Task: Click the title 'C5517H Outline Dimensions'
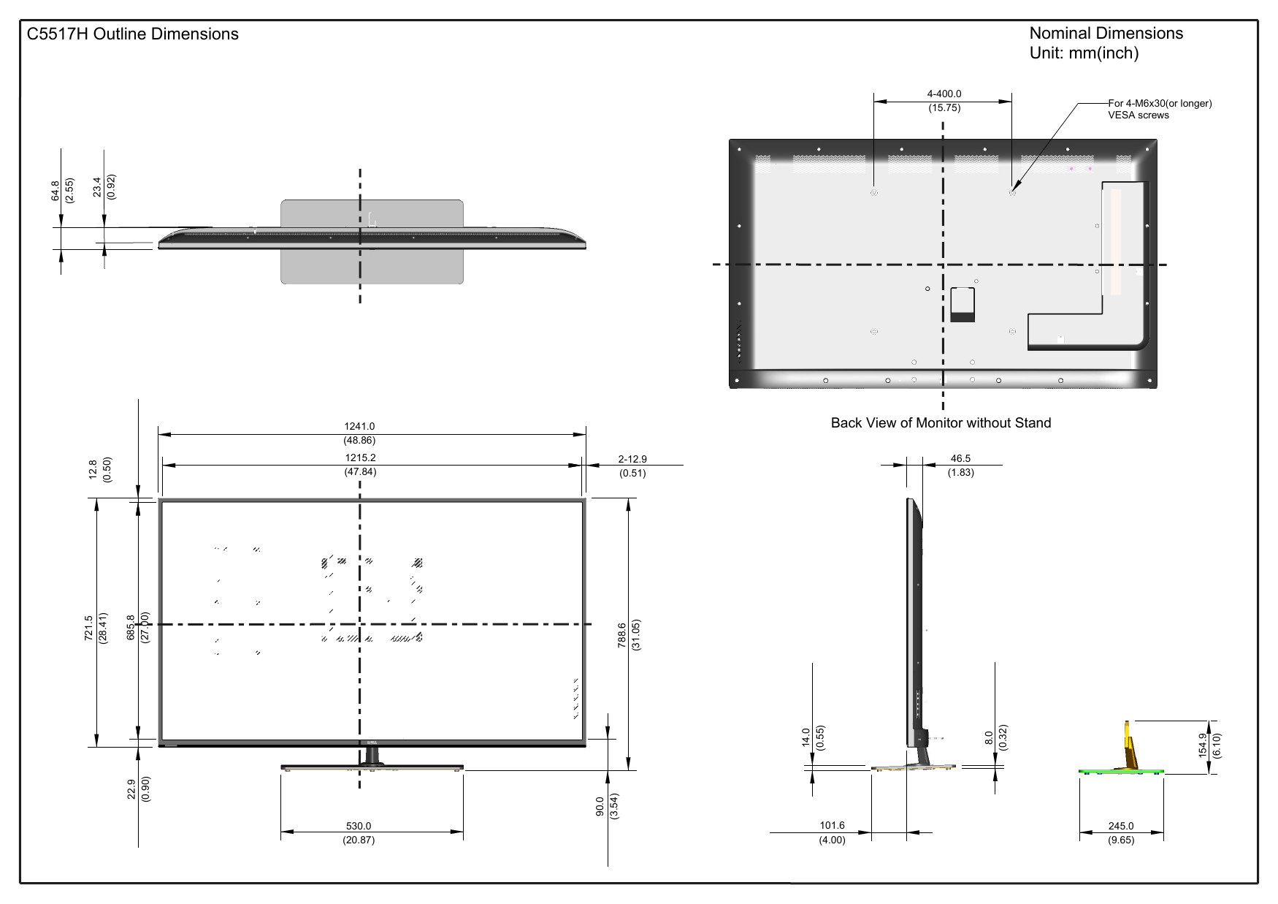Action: pos(133,34)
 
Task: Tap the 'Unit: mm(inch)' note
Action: pos(1084,53)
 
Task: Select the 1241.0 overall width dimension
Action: pos(359,427)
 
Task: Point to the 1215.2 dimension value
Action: pos(360,458)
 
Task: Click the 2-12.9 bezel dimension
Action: pos(632,460)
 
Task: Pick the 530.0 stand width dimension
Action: pos(359,827)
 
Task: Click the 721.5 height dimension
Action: pos(89,628)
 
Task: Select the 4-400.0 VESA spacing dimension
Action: pos(944,94)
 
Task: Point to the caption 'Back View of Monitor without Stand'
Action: pos(941,423)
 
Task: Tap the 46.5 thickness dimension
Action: pos(961,459)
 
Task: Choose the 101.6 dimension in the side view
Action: pos(832,827)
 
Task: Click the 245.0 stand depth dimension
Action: pos(1121,827)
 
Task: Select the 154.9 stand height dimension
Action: pos(1203,746)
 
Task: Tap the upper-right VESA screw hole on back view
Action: pos(1011,193)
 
